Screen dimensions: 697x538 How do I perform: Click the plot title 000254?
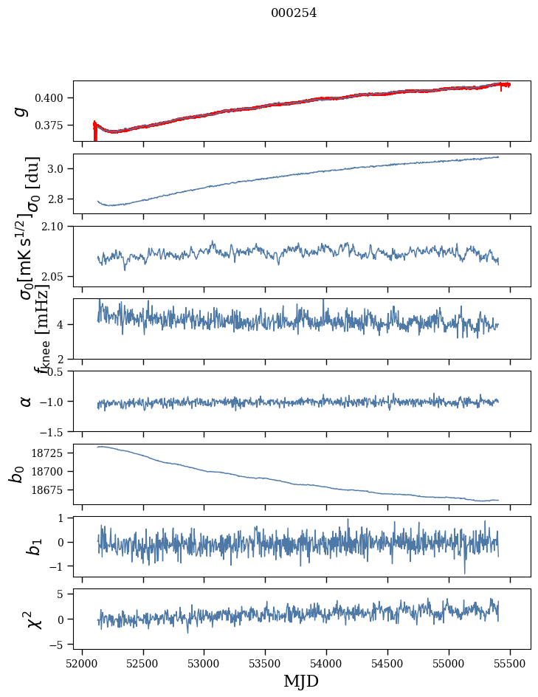(x=294, y=13)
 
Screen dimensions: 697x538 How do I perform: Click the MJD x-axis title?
(x=301, y=681)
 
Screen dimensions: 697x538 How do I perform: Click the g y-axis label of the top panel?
(x=22, y=111)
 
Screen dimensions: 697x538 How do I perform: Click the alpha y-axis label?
(x=26, y=401)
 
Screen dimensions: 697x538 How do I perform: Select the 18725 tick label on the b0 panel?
(x=51, y=453)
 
